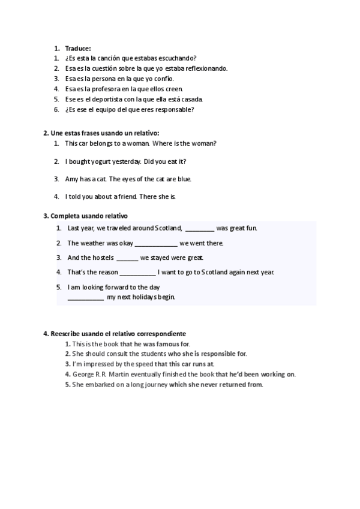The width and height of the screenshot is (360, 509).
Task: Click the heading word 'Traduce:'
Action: pos(77,48)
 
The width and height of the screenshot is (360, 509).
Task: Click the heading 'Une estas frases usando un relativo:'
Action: pos(101,133)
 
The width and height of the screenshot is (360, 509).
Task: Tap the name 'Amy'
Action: pos(71,179)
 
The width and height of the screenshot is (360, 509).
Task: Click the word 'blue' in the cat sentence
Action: pos(184,179)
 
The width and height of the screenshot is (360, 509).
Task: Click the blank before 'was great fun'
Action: pos(199,229)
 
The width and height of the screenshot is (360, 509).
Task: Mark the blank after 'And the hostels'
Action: pos(127,258)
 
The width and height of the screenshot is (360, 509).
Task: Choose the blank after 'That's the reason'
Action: pos(137,273)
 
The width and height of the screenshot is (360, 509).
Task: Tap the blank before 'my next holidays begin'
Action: pos(85,298)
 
